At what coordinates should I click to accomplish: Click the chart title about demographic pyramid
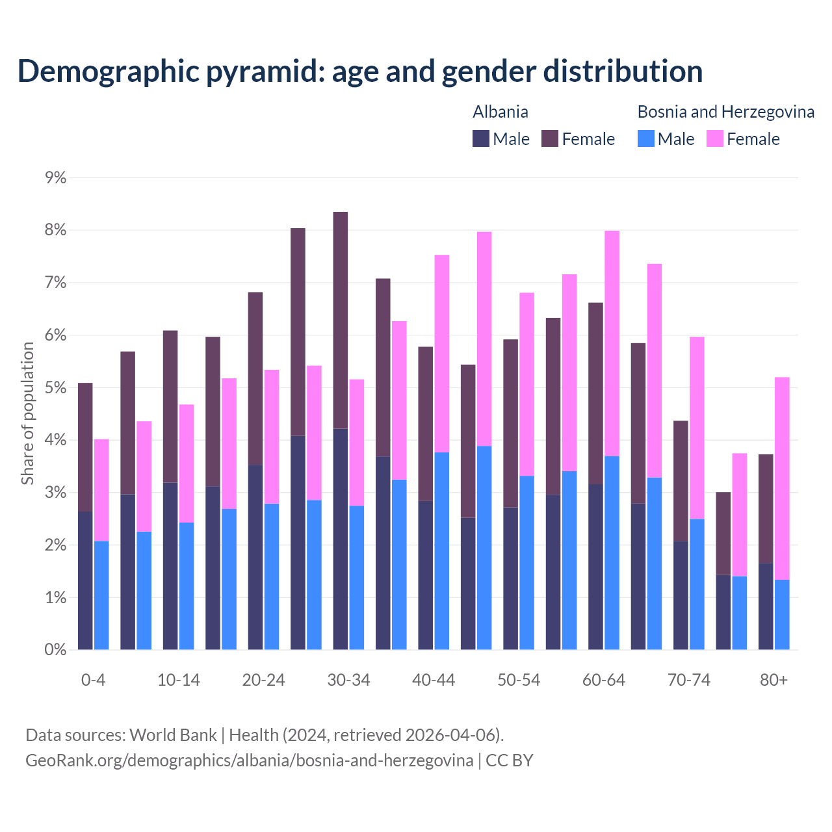360,71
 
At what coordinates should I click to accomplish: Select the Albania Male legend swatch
481,138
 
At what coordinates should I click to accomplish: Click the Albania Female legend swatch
550,138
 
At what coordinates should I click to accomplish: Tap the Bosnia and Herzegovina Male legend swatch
646,138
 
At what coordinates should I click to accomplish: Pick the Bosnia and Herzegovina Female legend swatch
715,138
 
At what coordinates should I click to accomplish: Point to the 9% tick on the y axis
56,177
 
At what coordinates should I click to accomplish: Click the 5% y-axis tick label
56,388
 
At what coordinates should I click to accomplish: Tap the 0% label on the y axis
56,649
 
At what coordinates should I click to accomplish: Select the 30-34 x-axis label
348,680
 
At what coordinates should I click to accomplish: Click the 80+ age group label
773,680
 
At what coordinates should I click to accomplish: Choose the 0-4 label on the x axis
93,680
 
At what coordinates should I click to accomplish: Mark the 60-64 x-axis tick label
604,680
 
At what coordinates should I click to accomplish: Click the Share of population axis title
27,413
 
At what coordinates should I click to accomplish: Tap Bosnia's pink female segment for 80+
782,478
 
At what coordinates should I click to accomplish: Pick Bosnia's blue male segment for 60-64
612,552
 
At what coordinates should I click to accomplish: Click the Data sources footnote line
265,735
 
